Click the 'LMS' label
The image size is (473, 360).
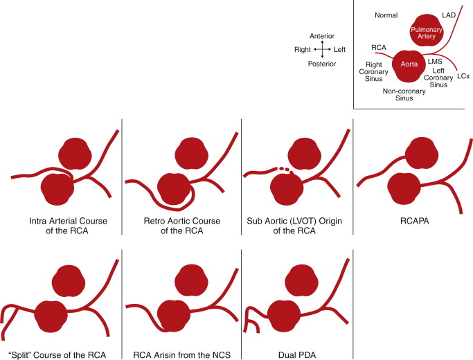[435, 61]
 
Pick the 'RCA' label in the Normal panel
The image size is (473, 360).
[378, 48]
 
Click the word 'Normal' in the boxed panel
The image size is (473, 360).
[386, 15]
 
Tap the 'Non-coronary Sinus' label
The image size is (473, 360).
[402, 94]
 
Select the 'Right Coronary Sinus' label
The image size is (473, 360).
[375, 71]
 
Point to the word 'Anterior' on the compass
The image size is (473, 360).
[323, 35]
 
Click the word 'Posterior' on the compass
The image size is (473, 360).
[323, 64]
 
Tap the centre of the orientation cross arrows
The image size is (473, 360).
[322, 50]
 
